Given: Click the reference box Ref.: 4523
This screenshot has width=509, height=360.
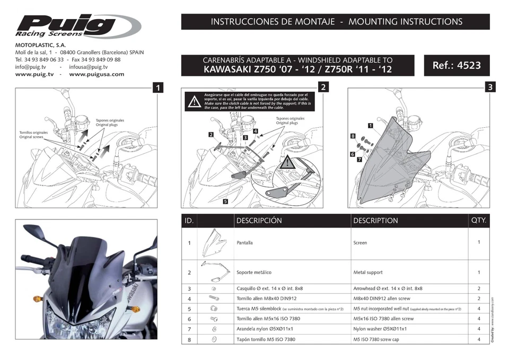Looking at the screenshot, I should click(457, 65).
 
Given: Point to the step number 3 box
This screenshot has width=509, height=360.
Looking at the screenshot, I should click(490, 86).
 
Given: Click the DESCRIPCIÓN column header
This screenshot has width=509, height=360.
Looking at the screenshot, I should click(259, 220).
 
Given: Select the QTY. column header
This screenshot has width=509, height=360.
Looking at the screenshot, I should click(478, 219).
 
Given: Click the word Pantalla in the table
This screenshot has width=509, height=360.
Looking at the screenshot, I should click(244, 243).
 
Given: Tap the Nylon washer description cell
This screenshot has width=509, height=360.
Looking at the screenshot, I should click(382, 329).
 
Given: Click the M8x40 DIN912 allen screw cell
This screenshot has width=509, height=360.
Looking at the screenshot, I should click(382, 298).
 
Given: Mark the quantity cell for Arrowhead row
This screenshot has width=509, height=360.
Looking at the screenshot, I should click(478, 288).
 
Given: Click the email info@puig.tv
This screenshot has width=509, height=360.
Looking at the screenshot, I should click(31, 67).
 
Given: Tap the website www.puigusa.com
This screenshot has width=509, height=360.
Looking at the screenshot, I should click(96, 74).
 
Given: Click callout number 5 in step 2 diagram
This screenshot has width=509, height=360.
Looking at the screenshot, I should click(225, 201).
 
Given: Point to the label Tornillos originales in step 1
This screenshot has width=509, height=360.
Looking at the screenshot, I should click(33, 133).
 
